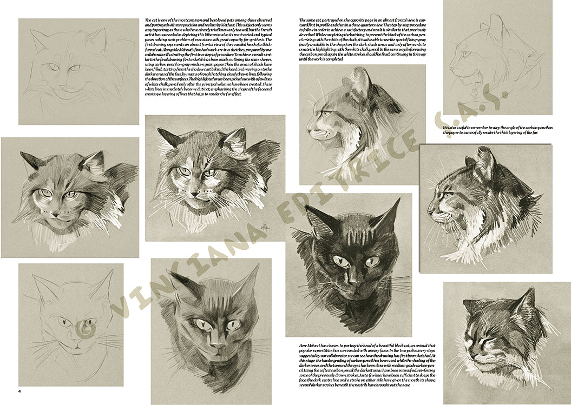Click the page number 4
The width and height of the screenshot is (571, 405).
click(19, 391)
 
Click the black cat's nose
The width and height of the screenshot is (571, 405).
click(352, 282)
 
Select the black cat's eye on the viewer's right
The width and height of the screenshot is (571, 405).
click(372, 262)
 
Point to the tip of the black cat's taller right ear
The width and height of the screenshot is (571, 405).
click(398, 201)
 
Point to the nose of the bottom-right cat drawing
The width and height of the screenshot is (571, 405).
click(471, 356)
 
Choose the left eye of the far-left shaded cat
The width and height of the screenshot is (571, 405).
click(45, 192)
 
